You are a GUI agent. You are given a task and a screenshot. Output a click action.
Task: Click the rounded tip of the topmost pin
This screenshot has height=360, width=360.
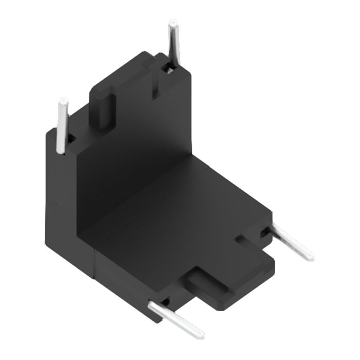(x=173, y=24)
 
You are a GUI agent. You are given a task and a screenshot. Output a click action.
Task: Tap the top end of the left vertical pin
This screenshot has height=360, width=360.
(x=63, y=101)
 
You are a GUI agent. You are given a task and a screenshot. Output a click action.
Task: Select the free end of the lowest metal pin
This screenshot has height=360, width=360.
(x=200, y=335)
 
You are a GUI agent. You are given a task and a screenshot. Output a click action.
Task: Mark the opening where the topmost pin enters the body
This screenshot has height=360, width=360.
(x=167, y=66)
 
